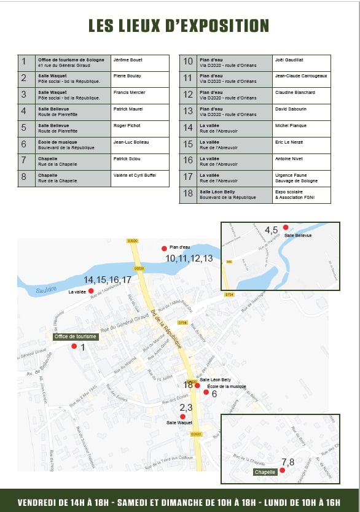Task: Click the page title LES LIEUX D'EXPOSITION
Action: [179, 26]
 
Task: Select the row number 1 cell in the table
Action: [24, 62]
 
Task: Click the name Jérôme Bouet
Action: [128, 60]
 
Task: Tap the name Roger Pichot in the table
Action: [127, 126]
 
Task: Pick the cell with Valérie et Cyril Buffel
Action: [135, 176]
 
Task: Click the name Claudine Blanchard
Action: [295, 93]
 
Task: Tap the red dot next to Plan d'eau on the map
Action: [164, 248]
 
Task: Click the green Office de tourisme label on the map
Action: [76, 336]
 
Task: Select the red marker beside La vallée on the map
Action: [91, 291]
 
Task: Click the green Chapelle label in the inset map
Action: [265, 472]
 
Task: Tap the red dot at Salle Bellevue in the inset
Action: [285, 228]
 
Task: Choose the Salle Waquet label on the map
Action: [179, 422]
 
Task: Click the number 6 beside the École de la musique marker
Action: [214, 394]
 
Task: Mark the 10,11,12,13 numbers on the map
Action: [189, 258]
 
